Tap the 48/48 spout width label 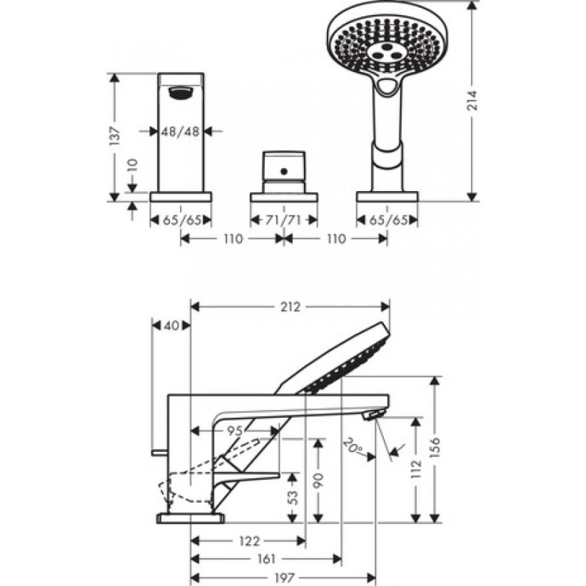point(180,131)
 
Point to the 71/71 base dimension point(283,220)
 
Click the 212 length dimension point(290,307)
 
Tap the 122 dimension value point(248,540)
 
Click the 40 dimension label point(172,324)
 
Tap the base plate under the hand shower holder point(388,196)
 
